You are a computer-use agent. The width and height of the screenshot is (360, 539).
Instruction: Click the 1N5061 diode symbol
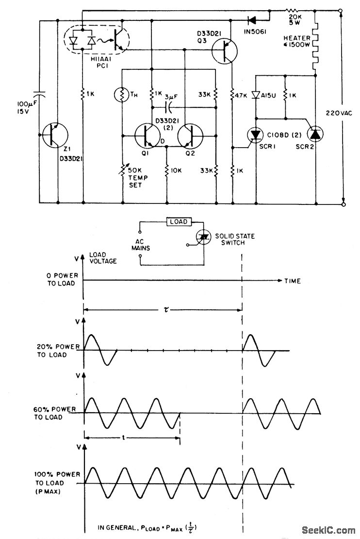point(252,20)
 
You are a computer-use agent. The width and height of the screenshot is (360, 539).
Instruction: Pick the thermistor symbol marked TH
point(121,94)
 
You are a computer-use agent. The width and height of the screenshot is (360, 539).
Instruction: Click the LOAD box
point(180,222)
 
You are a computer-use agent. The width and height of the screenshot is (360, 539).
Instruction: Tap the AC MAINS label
point(140,244)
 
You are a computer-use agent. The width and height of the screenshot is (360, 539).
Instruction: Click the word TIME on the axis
point(293,281)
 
